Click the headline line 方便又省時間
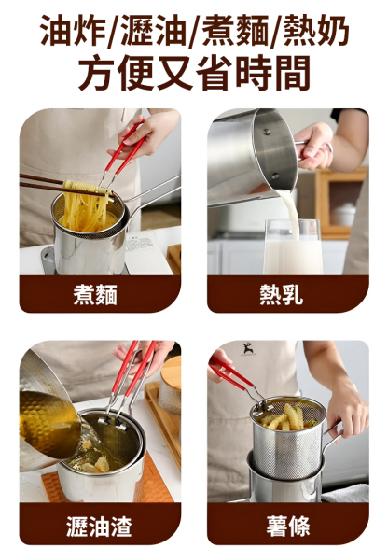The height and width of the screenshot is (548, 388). point(194,75)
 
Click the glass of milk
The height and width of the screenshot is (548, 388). point(291,246)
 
